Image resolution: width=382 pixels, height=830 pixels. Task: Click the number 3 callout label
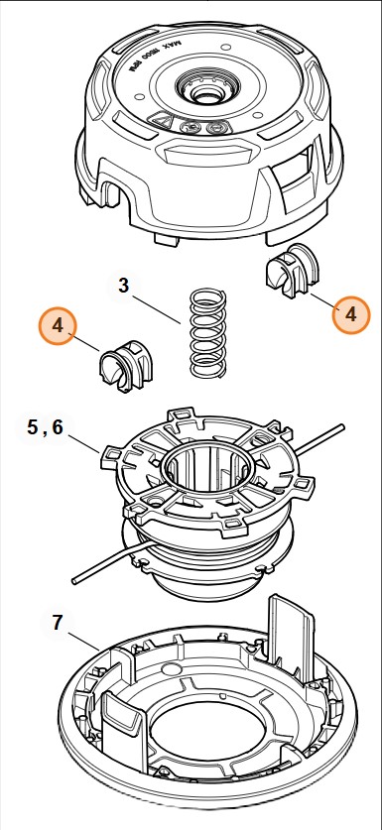click(x=123, y=287)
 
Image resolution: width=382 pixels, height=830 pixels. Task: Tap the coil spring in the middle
click(x=206, y=332)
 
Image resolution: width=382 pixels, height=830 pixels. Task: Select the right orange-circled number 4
click(x=349, y=314)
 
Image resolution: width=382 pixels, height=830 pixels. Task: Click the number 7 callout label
click(x=58, y=623)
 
